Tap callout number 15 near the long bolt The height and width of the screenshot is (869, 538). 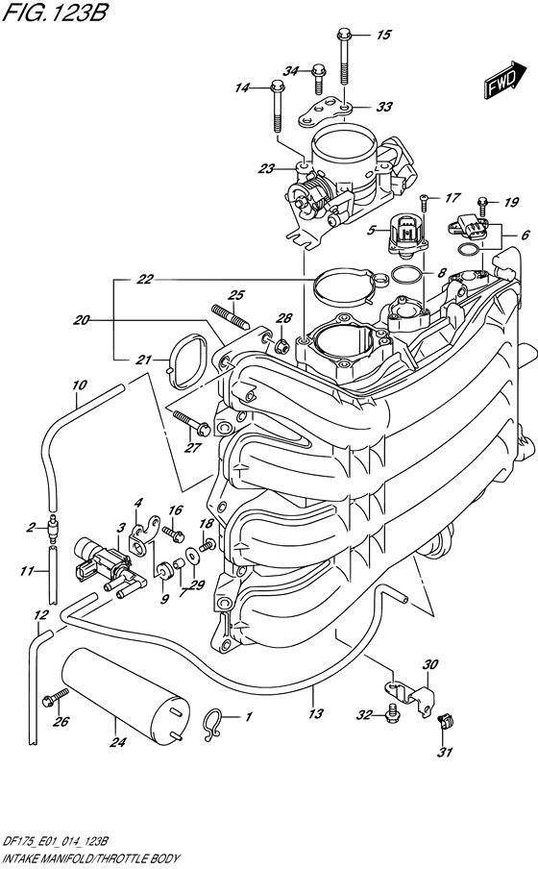tap(383, 36)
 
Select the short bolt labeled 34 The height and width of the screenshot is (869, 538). tap(317, 80)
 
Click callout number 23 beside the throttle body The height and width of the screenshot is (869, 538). tap(266, 168)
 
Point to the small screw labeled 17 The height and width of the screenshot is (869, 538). tap(425, 202)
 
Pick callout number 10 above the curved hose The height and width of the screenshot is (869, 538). tap(79, 385)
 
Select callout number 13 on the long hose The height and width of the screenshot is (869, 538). tap(315, 714)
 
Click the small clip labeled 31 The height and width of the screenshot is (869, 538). tap(444, 723)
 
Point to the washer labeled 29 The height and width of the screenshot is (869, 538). tap(192, 555)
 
